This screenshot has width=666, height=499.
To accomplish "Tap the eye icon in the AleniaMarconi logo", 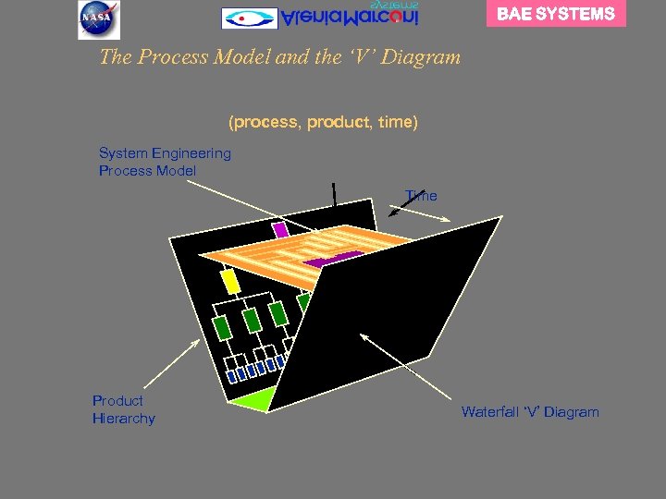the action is point(249,18).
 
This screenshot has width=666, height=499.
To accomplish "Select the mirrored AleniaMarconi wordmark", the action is point(350,16).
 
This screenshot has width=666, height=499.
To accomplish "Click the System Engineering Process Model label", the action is point(165,162).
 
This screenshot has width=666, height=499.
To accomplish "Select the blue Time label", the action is point(421,196).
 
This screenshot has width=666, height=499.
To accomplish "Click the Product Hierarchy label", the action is point(123,409).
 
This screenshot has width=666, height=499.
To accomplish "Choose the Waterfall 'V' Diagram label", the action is point(530,412).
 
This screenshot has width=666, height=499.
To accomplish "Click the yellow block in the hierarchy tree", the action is point(230,280).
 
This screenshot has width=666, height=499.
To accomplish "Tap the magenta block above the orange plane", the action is point(280,229).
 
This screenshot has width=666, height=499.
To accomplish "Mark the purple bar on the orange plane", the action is point(332,260).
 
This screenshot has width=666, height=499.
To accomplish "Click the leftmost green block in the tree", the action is point(221,327).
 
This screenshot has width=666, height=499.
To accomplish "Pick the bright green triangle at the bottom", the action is point(252,399).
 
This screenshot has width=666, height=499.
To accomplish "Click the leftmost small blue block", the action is point(231,376).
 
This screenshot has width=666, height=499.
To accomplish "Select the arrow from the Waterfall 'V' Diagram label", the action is point(407,370).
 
